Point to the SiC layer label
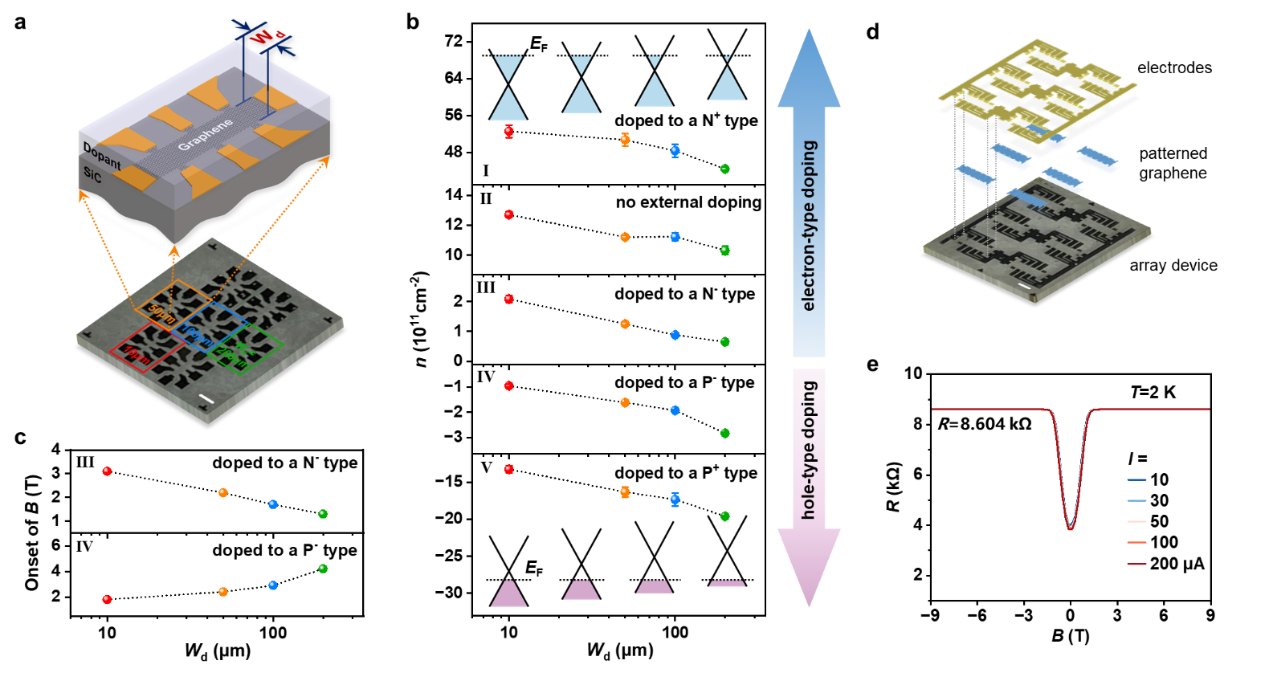[92, 174]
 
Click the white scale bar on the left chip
[206, 399]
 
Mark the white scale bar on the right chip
[1024, 286]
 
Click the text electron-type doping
[809, 226]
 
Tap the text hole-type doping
[809, 450]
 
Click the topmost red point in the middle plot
[508, 131]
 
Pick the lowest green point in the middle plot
[725, 516]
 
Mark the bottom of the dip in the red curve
[1071, 528]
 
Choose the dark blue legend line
[1136, 480]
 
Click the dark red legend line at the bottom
[1136, 564]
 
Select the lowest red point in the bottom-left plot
[107, 599]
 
